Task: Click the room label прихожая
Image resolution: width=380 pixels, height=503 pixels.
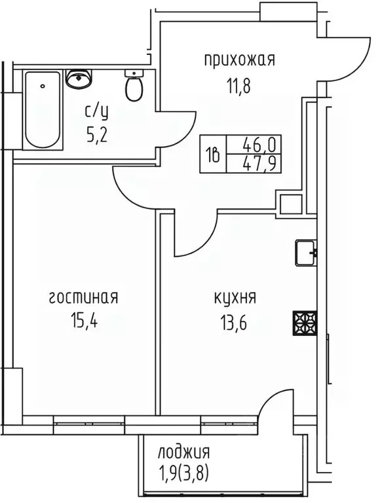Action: tap(238, 60)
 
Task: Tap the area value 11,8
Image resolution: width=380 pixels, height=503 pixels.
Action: tap(238, 84)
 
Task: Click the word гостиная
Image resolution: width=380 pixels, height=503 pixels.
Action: tap(83, 298)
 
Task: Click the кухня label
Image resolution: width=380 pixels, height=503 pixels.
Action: tap(235, 298)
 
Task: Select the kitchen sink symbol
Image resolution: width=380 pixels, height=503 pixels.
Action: tap(305, 253)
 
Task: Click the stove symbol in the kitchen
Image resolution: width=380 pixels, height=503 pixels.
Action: tap(305, 322)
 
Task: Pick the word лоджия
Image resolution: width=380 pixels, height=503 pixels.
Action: tap(183, 452)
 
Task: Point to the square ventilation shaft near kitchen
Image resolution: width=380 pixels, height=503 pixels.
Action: tap(289, 203)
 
